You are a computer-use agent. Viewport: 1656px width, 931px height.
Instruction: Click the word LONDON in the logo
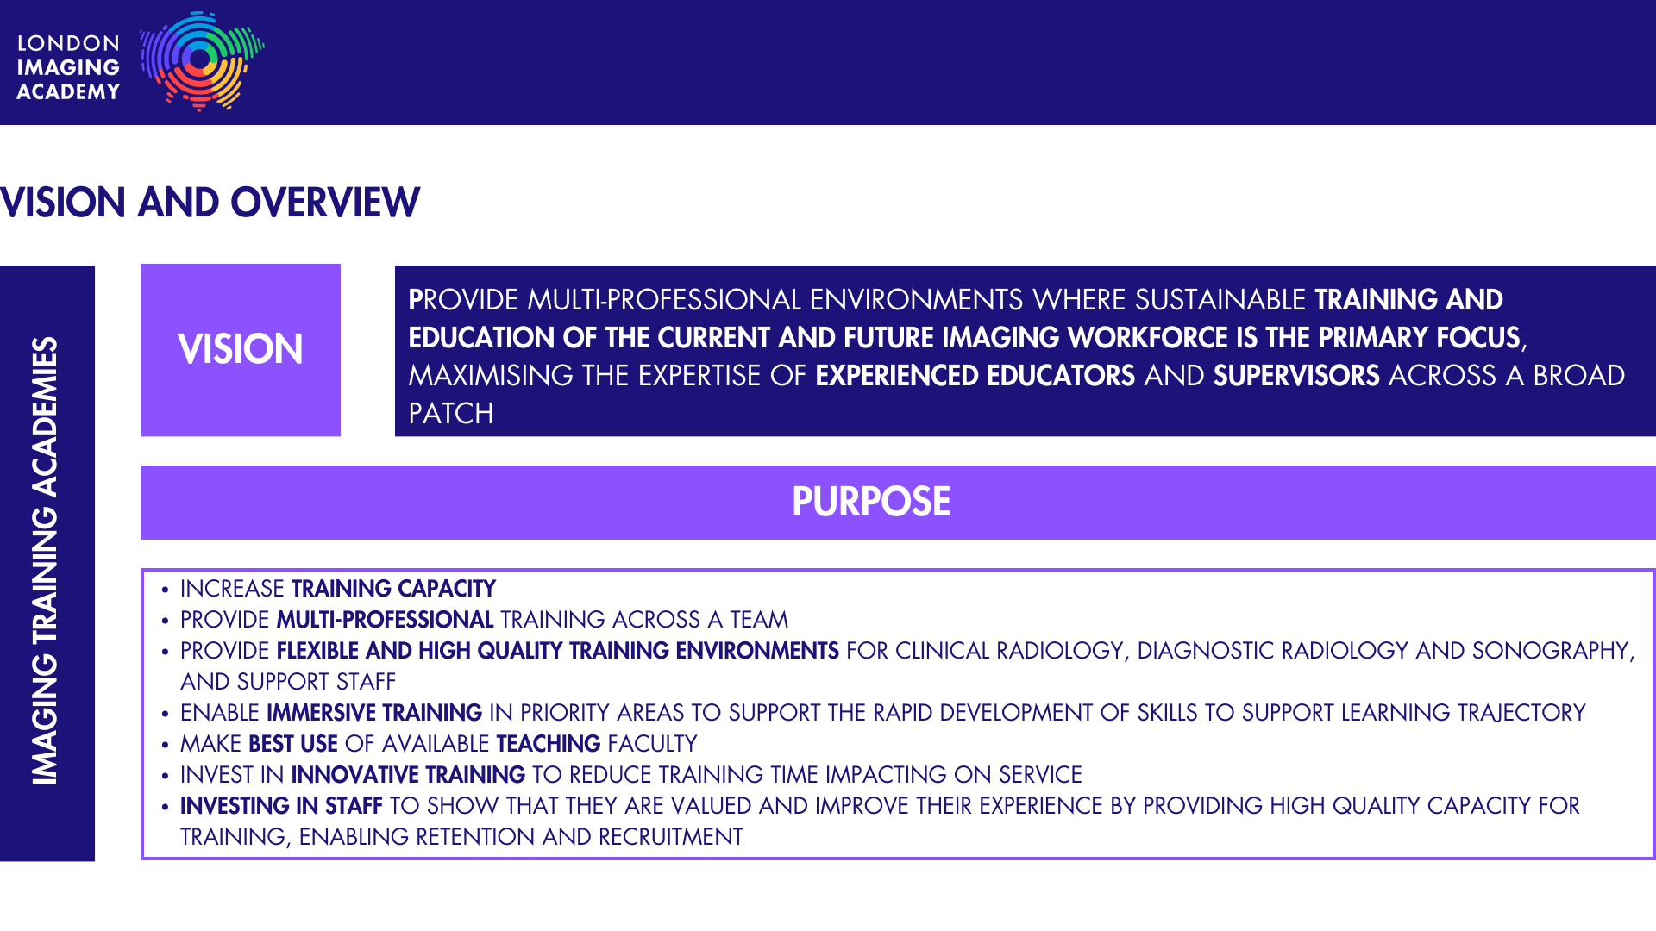click(68, 43)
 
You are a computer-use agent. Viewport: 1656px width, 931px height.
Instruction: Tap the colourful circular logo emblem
click(202, 61)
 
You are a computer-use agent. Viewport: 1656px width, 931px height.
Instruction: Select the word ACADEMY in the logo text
click(68, 91)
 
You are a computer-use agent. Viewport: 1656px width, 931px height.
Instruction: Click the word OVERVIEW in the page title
click(325, 203)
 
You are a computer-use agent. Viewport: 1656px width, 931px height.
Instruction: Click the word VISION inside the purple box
click(241, 349)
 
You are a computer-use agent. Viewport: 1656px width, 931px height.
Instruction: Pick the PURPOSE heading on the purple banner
click(871, 502)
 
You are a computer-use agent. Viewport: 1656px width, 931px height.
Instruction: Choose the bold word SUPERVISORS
click(1296, 376)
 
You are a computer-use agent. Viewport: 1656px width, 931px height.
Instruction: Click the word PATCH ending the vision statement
click(451, 414)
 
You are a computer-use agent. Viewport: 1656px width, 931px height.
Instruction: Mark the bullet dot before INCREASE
click(165, 590)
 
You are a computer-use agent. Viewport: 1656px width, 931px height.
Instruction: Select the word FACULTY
click(652, 744)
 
